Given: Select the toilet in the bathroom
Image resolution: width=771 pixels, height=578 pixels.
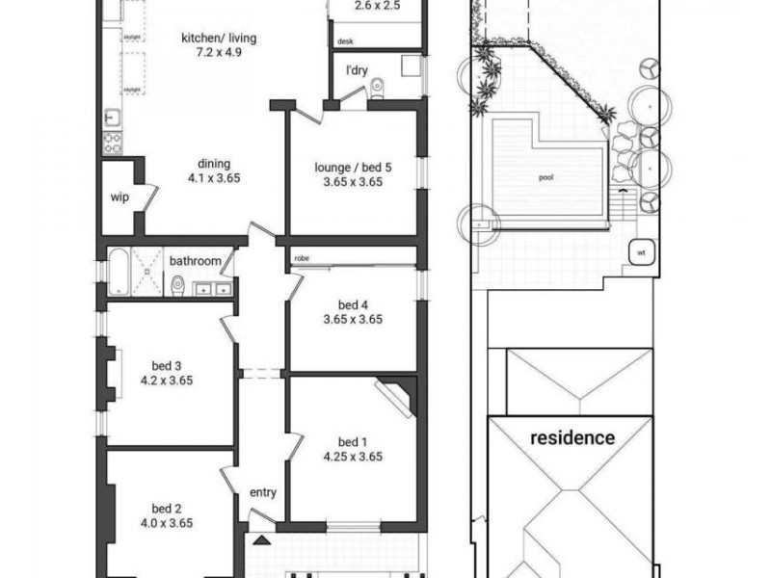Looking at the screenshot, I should [x=177, y=286].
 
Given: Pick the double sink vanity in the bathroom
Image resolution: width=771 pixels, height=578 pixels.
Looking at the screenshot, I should [x=213, y=287].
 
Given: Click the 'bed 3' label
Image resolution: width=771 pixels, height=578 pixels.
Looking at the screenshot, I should [x=167, y=365].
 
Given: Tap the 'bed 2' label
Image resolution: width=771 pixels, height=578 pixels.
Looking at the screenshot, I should [x=167, y=509].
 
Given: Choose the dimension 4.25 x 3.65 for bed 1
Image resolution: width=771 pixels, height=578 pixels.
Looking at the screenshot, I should [x=353, y=457].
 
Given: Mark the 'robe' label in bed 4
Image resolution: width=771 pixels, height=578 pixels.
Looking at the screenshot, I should [x=302, y=259].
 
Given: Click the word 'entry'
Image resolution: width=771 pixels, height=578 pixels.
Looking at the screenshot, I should [x=263, y=492].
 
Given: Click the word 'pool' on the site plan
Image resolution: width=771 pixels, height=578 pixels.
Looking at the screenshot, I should [x=545, y=178].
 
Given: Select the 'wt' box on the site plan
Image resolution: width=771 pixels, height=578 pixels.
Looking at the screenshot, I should [x=640, y=252].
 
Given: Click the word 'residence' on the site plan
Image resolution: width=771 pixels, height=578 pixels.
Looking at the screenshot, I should [x=572, y=437].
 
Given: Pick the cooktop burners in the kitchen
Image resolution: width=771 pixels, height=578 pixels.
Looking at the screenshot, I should [x=112, y=141].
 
